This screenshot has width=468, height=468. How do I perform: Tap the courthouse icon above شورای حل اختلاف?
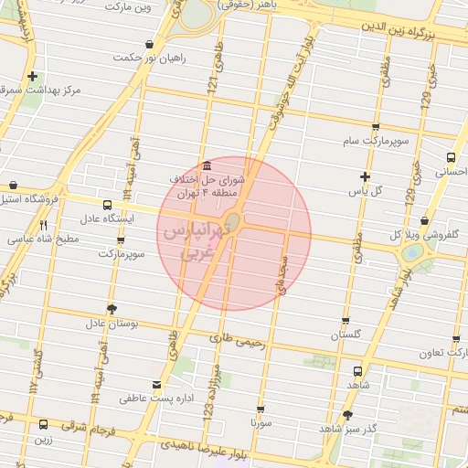pos(207,165)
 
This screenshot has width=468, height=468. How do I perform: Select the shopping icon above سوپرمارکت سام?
pos(375,127)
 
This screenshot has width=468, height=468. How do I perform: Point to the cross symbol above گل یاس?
pos(366,176)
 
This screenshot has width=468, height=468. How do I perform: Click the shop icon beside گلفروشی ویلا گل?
pos(425,220)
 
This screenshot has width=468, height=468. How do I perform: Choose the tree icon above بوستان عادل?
pos(112,308)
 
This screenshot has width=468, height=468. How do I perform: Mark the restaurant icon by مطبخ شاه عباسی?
pos(43,225)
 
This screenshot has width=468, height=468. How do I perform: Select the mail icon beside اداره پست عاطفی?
pos(157,385)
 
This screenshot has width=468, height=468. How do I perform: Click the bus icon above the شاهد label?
pos(356,372)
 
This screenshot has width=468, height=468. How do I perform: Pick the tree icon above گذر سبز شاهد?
pos(347,415)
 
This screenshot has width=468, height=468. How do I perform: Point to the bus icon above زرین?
pos(43,424)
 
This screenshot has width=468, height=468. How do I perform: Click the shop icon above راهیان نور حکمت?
pos(148,44)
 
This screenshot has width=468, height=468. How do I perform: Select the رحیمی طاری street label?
pos(237,342)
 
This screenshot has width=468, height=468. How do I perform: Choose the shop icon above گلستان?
pos(346,321)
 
